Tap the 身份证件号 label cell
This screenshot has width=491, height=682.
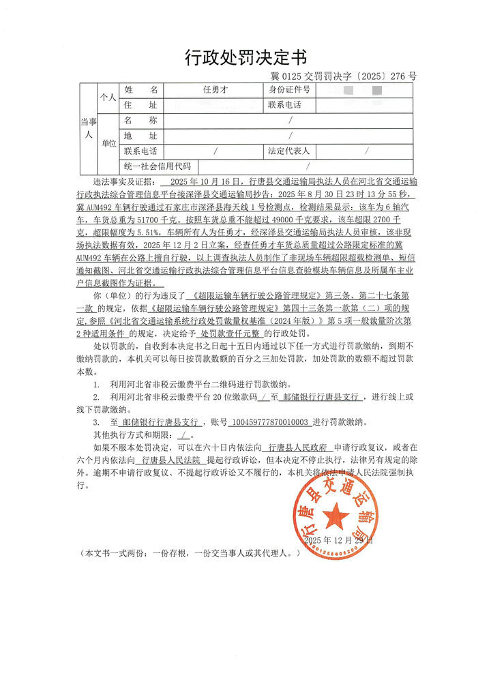coord(289,90)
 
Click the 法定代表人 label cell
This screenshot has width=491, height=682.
coord(289,151)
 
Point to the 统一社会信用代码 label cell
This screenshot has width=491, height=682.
coord(157,166)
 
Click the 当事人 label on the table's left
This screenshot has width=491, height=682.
coord(87,128)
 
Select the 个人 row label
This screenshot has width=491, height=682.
coord(108,98)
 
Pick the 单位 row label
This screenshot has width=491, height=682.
coord(108,143)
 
